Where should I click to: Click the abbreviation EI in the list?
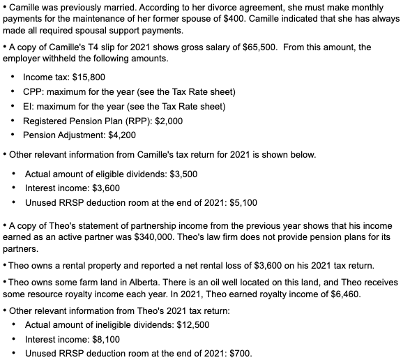click(x=27, y=107)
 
